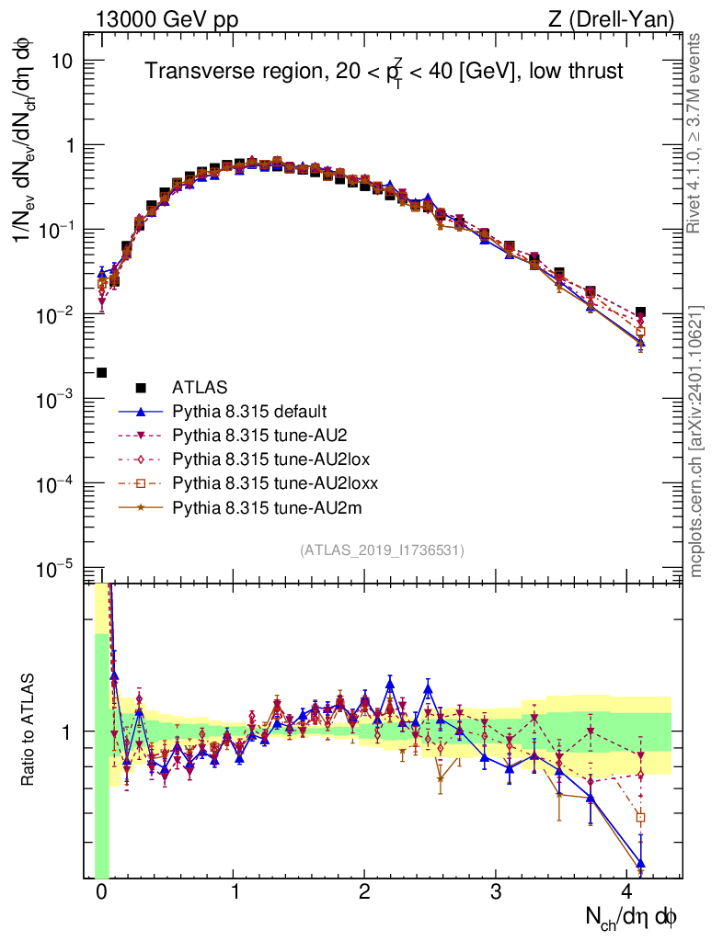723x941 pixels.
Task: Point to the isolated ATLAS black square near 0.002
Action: (101, 372)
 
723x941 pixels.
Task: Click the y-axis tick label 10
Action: (72, 61)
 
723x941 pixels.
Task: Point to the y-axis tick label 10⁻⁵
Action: (64, 569)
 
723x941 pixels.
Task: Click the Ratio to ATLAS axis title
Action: (29, 731)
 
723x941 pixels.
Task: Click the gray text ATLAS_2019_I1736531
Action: (382, 550)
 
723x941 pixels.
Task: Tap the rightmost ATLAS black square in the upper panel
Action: (640, 312)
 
